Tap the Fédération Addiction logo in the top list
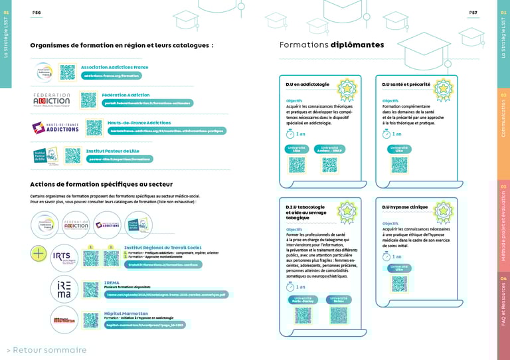click(51, 100)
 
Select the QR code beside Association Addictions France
click(67, 72)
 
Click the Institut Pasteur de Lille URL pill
click(120, 159)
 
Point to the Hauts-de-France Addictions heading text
click(139, 123)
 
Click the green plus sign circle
click(39, 254)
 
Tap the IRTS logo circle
click(65, 257)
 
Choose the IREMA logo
click(64, 288)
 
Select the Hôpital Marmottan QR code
click(91, 319)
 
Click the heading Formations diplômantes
click(331, 45)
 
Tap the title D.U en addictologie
click(307, 84)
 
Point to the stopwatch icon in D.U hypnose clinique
click(386, 256)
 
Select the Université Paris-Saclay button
click(301, 300)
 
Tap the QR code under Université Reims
click(339, 315)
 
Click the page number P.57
click(473, 13)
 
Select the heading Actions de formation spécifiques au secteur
click(101, 184)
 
